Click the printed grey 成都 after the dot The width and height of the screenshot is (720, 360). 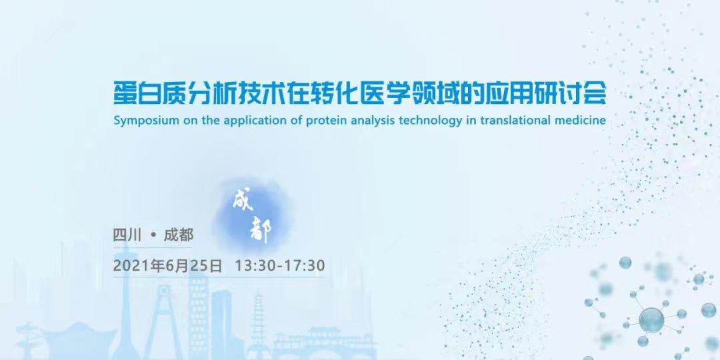pyautogui.click(x=179, y=235)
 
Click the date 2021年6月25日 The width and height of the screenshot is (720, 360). pyautogui.click(x=167, y=265)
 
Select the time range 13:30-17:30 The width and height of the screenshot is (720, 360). pyautogui.click(x=280, y=265)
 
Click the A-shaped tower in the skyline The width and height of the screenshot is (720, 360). pyautogui.click(x=163, y=317)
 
